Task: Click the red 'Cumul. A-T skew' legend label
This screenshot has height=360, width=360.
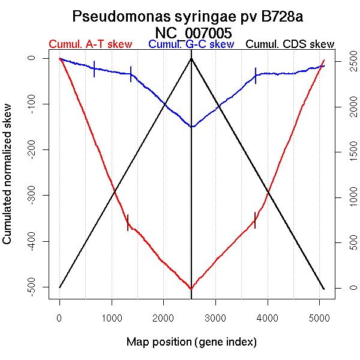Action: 91,44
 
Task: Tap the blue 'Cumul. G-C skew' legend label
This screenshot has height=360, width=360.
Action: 191,44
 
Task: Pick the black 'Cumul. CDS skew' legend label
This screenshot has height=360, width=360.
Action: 290,44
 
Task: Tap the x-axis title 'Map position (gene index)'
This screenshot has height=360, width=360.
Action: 191,343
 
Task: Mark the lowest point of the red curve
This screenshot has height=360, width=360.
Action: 191,289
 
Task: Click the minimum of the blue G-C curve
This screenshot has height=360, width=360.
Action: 191,127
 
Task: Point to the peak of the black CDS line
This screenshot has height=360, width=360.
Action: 191,58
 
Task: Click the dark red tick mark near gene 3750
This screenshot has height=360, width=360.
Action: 255,220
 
